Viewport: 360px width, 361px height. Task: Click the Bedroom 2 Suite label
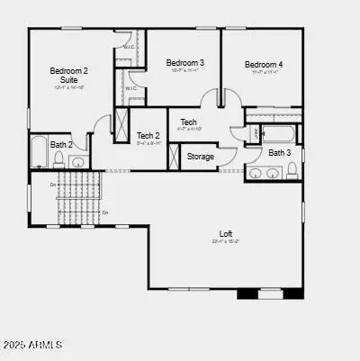point(68,75)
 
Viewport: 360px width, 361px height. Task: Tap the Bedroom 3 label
point(184,63)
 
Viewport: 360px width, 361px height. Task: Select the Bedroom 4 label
point(264,65)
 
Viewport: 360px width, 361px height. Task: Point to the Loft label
point(226,234)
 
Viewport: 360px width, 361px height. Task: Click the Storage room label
point(201,157)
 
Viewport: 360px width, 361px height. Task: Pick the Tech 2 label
point(148,136)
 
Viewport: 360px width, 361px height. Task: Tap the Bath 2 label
point(61,144)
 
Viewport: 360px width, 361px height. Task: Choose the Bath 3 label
point(280,153)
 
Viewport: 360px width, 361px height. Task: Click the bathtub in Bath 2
point(38,153)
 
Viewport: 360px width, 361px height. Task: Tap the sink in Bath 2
point(78,163)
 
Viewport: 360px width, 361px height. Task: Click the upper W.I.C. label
point(128,47)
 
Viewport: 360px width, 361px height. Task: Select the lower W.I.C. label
point(130,88)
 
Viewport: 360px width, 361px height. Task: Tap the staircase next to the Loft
point(80,198)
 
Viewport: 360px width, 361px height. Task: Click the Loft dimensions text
point(226,242)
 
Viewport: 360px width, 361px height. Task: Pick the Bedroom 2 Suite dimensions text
point(68,87)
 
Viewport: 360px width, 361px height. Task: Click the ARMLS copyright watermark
point(32,345)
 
